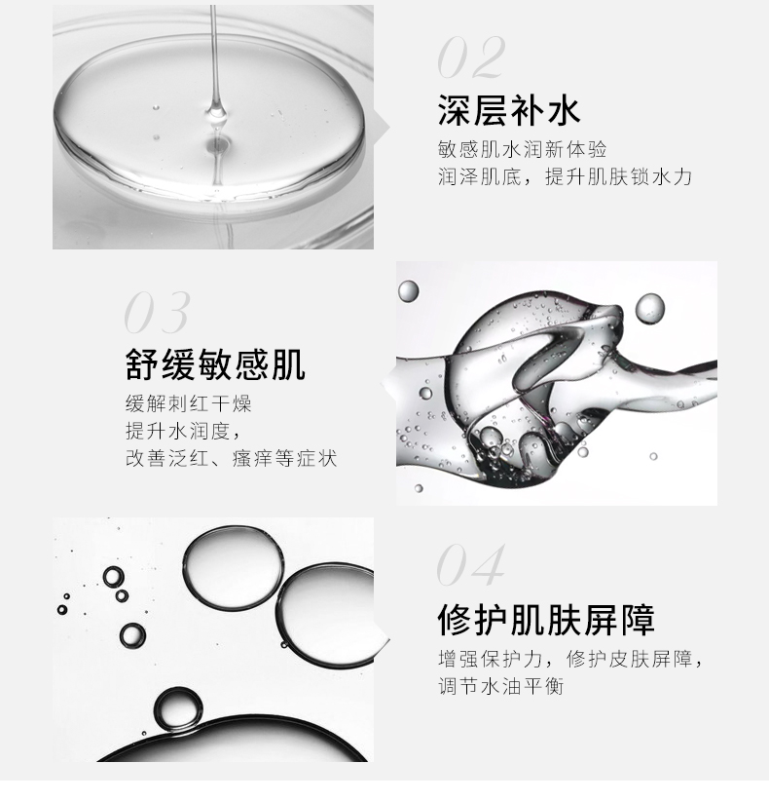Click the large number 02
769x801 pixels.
[x=471, y=57]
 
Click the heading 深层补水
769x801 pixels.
[x=509, y=110]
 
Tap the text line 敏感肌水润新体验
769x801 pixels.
[x=522, y=150]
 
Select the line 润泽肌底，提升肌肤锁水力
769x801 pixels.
[x=565, y=176]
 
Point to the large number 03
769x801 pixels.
[x=157, y=313]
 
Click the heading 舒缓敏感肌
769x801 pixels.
[x=215, y=364]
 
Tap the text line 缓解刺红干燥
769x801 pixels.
[x=189, y=403]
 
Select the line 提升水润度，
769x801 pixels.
[x=183, y=431]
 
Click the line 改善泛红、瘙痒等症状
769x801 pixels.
[x=231, y=458]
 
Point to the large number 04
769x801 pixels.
[x=470, y=564]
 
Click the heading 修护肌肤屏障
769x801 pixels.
[x=546, y=620]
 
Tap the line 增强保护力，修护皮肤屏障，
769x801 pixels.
[x=571, y=659]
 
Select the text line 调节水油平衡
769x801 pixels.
[x=501, y=686]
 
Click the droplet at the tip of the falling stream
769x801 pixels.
[x=217, y=111]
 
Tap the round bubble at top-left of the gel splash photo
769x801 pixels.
[x=408, y=290]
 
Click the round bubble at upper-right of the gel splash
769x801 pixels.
[x=650, y=308]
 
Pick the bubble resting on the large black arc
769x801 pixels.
[x=178, y=709]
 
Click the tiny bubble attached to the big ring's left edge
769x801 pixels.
[x=283, y=645]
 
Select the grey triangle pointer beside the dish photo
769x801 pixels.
[x=382, y=128]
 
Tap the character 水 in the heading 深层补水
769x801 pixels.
[x=564, y=110]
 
